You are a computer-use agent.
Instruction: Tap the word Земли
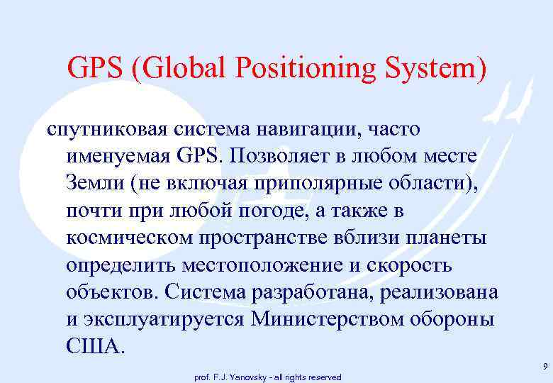(96, 182)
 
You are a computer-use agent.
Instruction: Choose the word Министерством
(333, 318)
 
